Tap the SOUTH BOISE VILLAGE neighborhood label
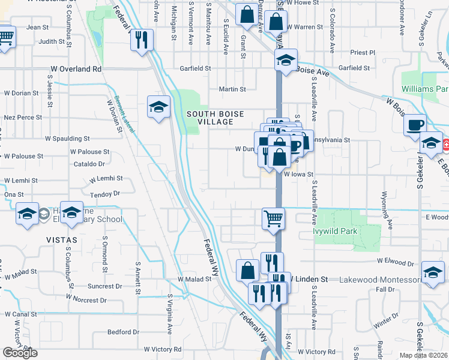(209, 118)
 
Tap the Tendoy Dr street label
(105, 193)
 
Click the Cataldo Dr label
(89, 163)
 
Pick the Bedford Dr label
(124, 332)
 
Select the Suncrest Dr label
(106, 286)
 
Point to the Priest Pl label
(361, 53)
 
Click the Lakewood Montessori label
(381, 280)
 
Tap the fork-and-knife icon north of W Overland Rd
(142, 40)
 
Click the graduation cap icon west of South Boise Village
(158, 107)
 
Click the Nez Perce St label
(22, 118)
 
